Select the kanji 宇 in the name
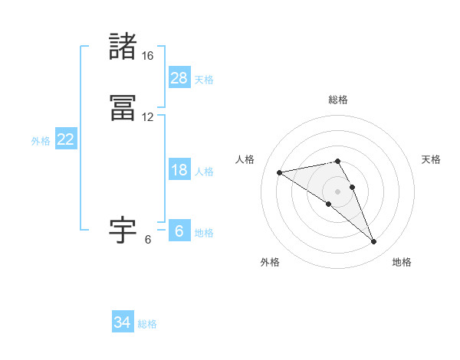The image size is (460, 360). coord(123,230)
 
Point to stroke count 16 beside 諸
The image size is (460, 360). coord(147,56)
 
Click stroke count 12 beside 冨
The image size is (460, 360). coord(147,117)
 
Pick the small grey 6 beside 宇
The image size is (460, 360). coord(148,239)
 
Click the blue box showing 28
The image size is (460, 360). coord(179,78)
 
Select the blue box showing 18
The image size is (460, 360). coord(179,170)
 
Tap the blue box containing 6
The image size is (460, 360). coord(179,231)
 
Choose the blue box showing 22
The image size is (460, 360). coord(65,139)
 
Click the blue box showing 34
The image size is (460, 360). coord(123,322)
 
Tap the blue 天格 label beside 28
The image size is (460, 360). coord(204,79)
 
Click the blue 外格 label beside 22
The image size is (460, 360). coord(41,141)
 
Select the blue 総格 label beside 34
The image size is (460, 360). coord(147,324)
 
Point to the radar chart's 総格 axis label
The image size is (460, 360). coord(338,100)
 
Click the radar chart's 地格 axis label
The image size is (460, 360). coord(402,262)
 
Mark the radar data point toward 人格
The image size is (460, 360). coord(280,172)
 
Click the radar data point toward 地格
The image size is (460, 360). coord(374,242)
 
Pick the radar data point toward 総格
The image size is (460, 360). coord(337,161)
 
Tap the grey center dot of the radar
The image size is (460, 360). coord(337,191)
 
